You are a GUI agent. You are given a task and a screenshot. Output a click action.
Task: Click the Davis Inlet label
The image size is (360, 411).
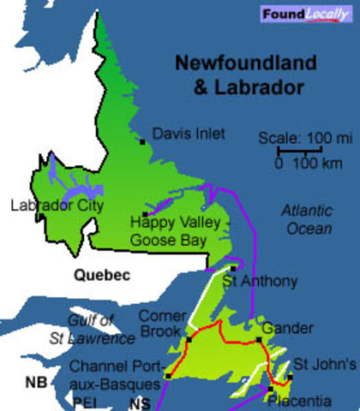click(x=189, y=134)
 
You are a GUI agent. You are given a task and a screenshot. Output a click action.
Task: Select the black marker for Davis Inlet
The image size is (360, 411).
click(x=142, y=142)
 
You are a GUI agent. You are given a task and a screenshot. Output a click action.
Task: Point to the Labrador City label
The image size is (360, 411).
click(x=57, y=205)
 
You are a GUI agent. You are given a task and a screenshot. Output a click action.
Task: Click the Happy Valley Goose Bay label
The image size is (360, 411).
click(x=168, y=231)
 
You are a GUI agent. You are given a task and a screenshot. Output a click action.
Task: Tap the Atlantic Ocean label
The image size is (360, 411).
click(x=307, y=219)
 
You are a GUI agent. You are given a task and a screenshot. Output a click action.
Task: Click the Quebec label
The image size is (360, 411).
click(x=101, y=276)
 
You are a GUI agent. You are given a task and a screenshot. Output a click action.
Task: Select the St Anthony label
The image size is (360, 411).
click(x=260, y=281)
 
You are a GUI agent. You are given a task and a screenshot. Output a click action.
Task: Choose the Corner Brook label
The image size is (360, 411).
click(x=162, y=322)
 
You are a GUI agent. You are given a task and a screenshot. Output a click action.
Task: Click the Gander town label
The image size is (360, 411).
click(x=283, y=328)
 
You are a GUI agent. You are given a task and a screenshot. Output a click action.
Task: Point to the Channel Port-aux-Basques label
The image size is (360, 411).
click(x=114, y=377)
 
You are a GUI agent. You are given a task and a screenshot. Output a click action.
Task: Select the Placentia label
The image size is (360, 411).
click(x=299, y=401)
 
